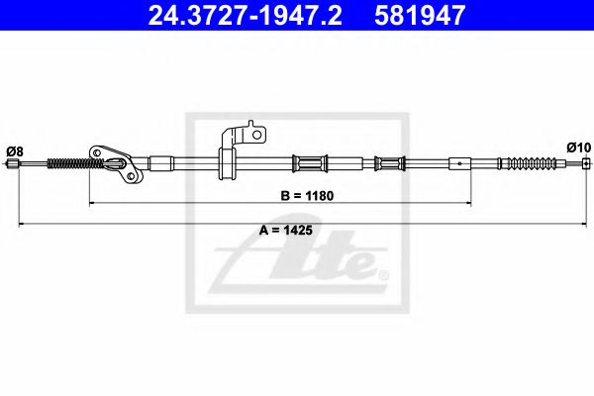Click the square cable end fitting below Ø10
(585, 163)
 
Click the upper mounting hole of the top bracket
(255, 130)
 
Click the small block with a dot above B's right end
(460, 162)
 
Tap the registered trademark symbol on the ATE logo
(385, 274)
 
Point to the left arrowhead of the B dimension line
(94, 203)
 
